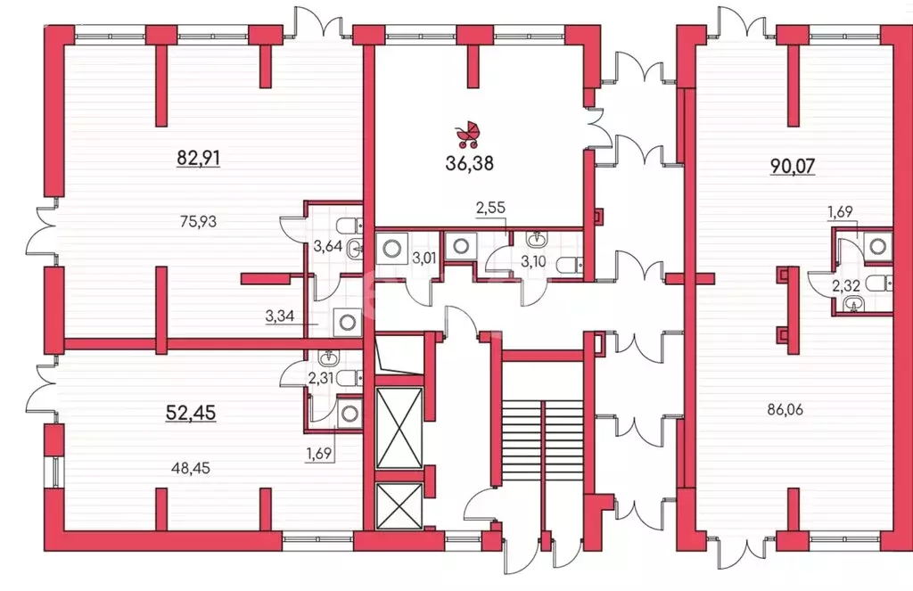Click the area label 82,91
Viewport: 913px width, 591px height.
[199, 158]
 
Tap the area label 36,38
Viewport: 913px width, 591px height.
[469, 164]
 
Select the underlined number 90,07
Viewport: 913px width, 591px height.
[793, 166]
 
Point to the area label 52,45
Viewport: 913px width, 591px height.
[191, 413]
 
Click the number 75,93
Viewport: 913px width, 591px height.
[198, 221]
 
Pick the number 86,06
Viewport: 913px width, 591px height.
[785, 409]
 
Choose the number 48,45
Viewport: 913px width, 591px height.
[192, 468]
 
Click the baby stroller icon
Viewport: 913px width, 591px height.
[468, 135]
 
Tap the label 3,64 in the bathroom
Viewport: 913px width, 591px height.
[327, 246]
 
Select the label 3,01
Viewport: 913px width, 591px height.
[424, 258]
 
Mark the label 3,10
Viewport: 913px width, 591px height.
[533, 261]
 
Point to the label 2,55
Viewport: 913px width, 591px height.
[491, 208]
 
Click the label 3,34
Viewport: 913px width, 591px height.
[279, 316]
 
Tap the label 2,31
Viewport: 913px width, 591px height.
[321, 378]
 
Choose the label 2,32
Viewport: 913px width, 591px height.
[846, 286]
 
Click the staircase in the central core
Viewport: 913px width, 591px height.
[542, 440]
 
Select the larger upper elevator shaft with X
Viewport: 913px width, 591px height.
[399, 428]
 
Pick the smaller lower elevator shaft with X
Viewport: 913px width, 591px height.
[399, 506]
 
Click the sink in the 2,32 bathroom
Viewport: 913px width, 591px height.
[853, 305]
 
